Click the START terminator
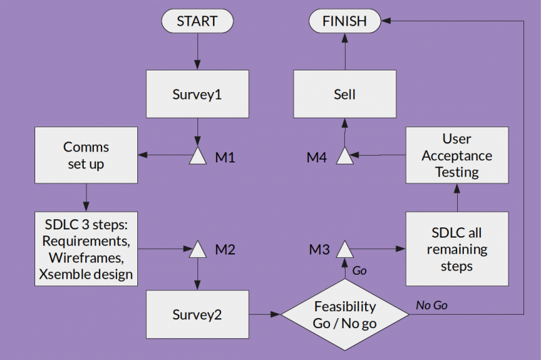(x=197, y=22)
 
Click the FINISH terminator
(x=344, y=22)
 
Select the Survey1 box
(x=197, y=95)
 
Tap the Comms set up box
(x=86, y=155)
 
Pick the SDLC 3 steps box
(x=86, y=248)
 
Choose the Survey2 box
(x=197, y=315)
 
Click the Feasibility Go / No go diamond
(x=344, y=315)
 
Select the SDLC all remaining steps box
(x=456, y=249)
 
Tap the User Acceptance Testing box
(x=456, y=155)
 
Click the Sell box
(x=344, y=95)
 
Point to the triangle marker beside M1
(x=197, y=156)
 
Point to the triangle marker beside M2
(x=197, y=250)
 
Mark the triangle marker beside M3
(x=344, y=250)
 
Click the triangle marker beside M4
(x=344, y=156)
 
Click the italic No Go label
(x=431, y=305)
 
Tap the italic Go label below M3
(x=360, y=271)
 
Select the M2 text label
(x=225, y=250)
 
